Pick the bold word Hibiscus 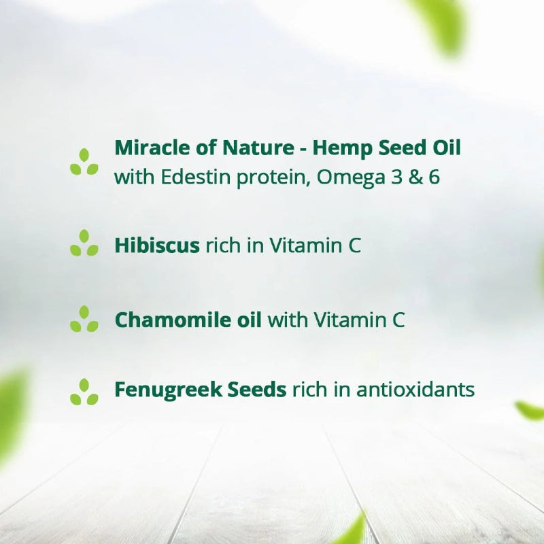coord(157,245)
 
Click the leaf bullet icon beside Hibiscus coord(84,243)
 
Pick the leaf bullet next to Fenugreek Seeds coord(84,392)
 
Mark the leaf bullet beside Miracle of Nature coord(84,162)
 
